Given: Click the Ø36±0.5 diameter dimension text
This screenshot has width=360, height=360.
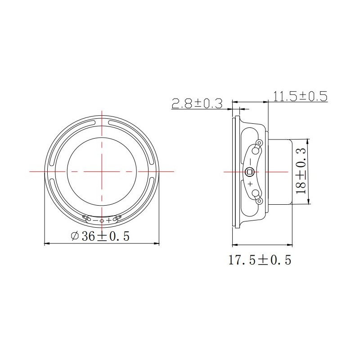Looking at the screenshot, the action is tap(100, 236).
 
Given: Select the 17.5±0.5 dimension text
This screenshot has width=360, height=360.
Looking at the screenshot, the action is tap(260, 260).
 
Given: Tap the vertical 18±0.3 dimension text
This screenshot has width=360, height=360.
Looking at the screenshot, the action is tap(301, 171).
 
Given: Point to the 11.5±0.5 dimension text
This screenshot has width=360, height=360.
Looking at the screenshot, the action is tap(300, 96).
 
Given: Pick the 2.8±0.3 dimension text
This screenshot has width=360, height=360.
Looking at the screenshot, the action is tap(197, 103).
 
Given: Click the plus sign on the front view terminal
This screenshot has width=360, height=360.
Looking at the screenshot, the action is tap(108, 220).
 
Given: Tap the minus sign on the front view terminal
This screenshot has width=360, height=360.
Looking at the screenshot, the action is tap(95, 220).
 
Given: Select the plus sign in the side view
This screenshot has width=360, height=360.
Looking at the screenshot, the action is tap(251, 184).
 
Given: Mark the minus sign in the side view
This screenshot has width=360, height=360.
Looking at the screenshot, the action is tap(251, 162).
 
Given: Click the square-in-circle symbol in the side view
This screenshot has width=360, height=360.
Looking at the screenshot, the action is tap(249, 172).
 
